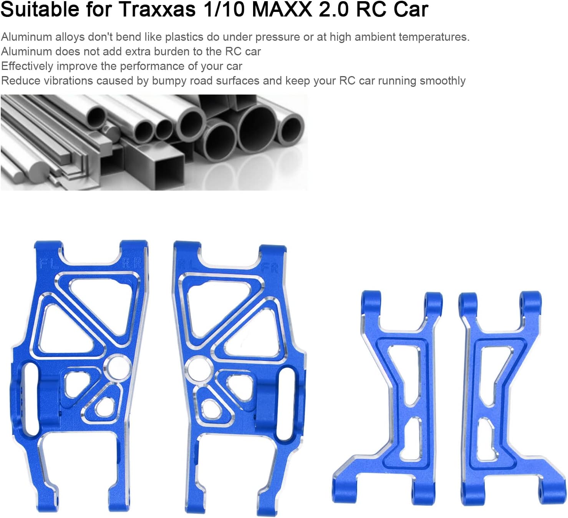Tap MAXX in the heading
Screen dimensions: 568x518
click(282, 9)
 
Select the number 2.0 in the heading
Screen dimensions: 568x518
click(334, 9)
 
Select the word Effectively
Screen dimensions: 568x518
click(27, 66)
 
